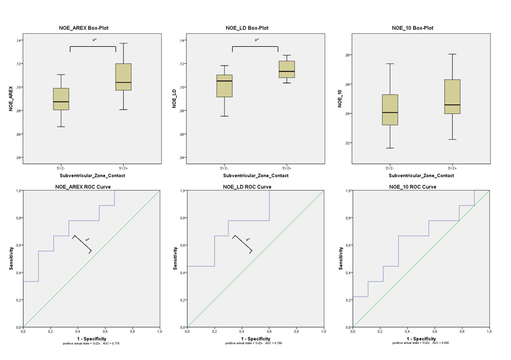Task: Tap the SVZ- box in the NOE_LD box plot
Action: [x=224, y=86]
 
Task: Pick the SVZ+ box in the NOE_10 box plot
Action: [x=452, y=96]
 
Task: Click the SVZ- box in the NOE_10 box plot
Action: [x=389, y=110]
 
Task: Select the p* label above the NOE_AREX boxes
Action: [x=95, y=40]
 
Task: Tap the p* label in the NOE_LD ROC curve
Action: [x=248, y=239]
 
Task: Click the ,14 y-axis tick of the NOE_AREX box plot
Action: [x=19, y=40]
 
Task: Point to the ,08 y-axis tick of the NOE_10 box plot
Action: [x=348, y=55]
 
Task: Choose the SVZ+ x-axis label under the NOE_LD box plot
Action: [x=287, y=167]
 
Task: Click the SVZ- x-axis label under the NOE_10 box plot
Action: [x=389, y=167]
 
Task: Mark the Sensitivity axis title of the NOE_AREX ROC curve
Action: [x=10, y=258]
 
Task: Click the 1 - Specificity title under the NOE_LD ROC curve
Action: [x=255, y=339]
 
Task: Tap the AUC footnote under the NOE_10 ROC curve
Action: [x=420, y=343]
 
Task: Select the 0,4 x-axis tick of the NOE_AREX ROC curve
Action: [x=78, y=331]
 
